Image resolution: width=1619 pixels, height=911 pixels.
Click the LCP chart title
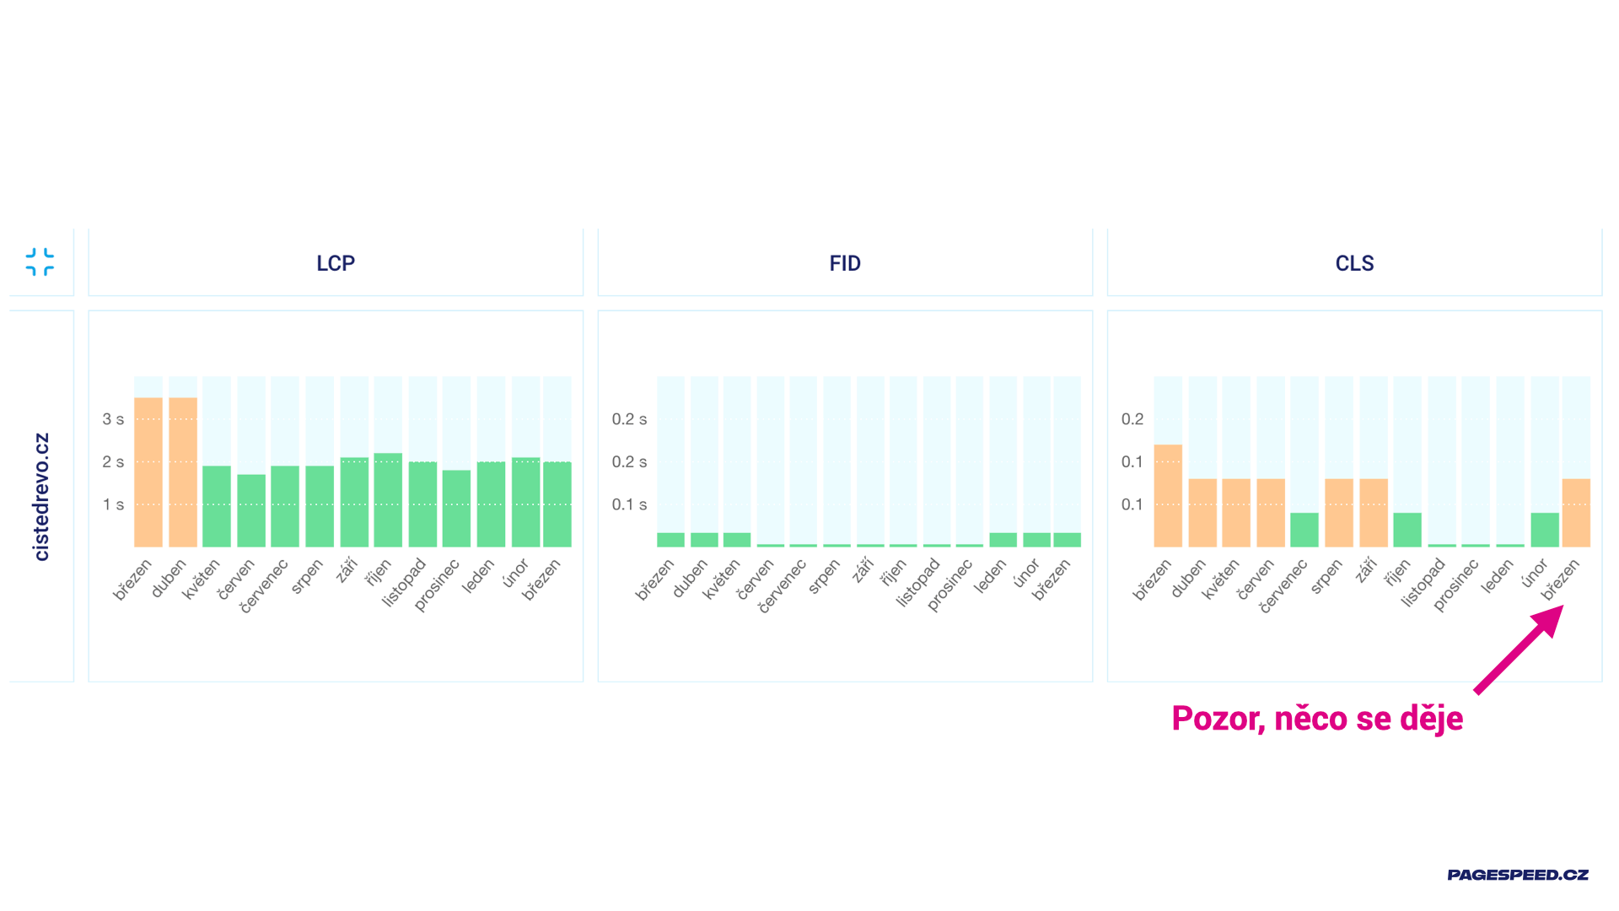click(x=336, y=263)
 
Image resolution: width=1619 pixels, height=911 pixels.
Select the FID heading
click(x=845, y=263)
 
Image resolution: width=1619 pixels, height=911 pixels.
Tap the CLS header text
click(x=1354, y=263)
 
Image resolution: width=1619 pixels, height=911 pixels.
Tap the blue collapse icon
click(x=40, y=261)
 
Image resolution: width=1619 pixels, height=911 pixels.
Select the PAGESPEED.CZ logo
click(x=1518, y=875)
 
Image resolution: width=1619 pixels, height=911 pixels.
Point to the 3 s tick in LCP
click(x=113, y=419)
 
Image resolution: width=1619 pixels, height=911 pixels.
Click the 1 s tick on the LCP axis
click(x=113, y=504)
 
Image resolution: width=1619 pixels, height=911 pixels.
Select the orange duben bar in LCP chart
click(x=183, y=472)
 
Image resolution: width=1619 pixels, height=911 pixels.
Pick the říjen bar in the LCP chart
click(x=388, y=500)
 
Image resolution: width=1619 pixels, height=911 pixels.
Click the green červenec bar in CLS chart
click(x=1304, y=530)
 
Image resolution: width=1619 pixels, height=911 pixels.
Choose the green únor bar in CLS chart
click(x=1545, y=530)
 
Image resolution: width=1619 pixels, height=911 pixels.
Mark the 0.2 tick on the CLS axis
click(x=1132, y=419)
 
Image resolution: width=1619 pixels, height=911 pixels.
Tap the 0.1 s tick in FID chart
click(x=629, y=504)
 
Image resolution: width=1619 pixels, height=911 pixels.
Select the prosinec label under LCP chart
click(x=438, y=585)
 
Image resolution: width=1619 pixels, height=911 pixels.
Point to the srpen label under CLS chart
click(x=1326, y=577)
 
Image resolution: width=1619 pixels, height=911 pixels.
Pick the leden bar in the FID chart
click(x=1003, y=540)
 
